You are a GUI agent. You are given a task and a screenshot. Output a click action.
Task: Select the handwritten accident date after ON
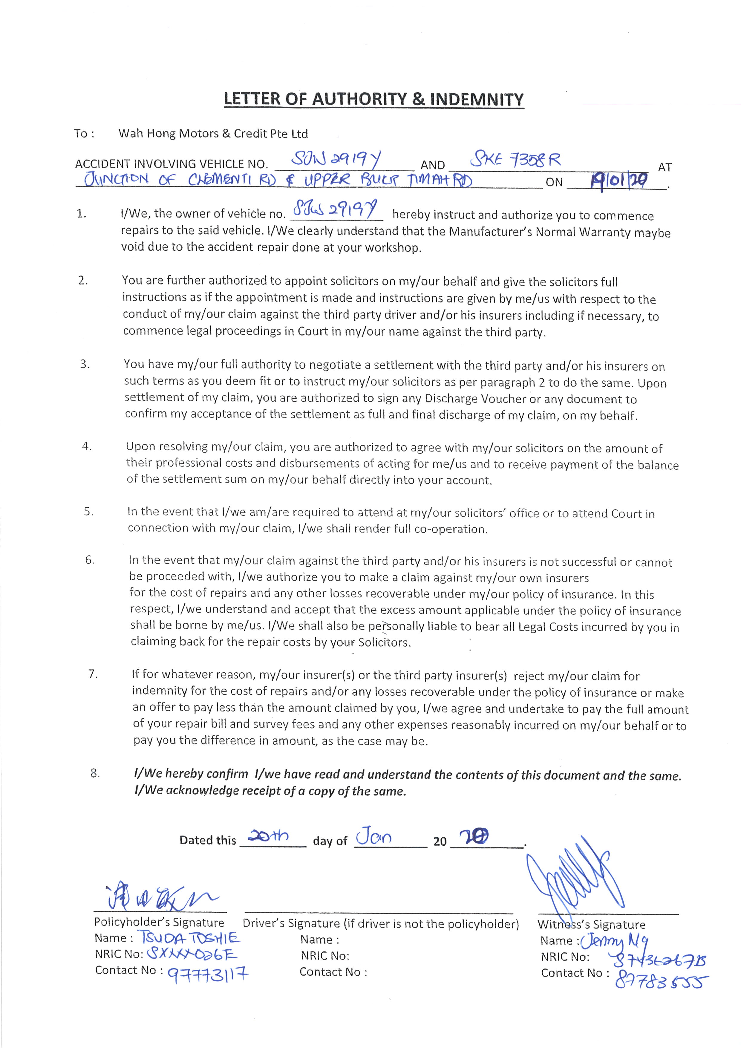tap(618, 182)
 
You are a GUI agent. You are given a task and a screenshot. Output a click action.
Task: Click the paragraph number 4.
tap(87, 446)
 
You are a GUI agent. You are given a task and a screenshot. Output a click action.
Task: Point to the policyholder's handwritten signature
tap(160, 898)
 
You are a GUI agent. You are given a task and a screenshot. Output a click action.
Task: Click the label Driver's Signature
tap(291, 924)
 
